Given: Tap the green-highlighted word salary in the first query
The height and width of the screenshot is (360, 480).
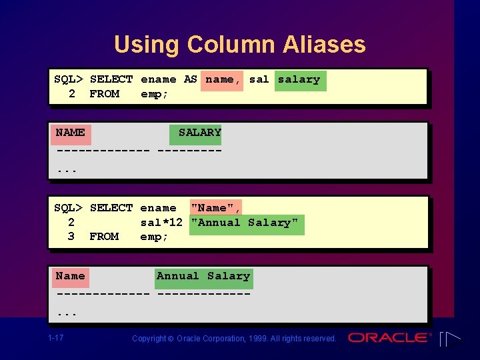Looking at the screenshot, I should pos(299,79).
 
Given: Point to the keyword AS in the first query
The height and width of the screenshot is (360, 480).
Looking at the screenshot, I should pos(191,79).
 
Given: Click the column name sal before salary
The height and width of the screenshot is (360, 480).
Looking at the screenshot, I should pos(259,79).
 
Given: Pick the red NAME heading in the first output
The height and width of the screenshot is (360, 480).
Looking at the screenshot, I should pos(70,133).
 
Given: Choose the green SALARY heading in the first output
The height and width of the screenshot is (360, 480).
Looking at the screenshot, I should pos(199,133).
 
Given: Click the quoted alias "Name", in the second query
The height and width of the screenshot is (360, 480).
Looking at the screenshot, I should pos(216,208).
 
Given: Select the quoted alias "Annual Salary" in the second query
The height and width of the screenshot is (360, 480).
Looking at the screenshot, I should pos(245,223).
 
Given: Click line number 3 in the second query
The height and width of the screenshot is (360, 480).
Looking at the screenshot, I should pos(71,237).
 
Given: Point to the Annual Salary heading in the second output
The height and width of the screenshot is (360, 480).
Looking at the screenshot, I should pos(203,276).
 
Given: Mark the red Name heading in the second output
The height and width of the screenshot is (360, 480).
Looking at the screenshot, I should pos(70,276).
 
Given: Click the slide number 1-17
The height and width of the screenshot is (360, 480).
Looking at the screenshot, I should pos(56,338).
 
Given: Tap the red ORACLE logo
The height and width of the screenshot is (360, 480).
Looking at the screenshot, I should pos(389,338).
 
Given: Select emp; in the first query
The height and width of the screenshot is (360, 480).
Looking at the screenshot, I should pos(154,94).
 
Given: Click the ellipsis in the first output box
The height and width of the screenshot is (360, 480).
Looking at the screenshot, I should pos(67,170).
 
